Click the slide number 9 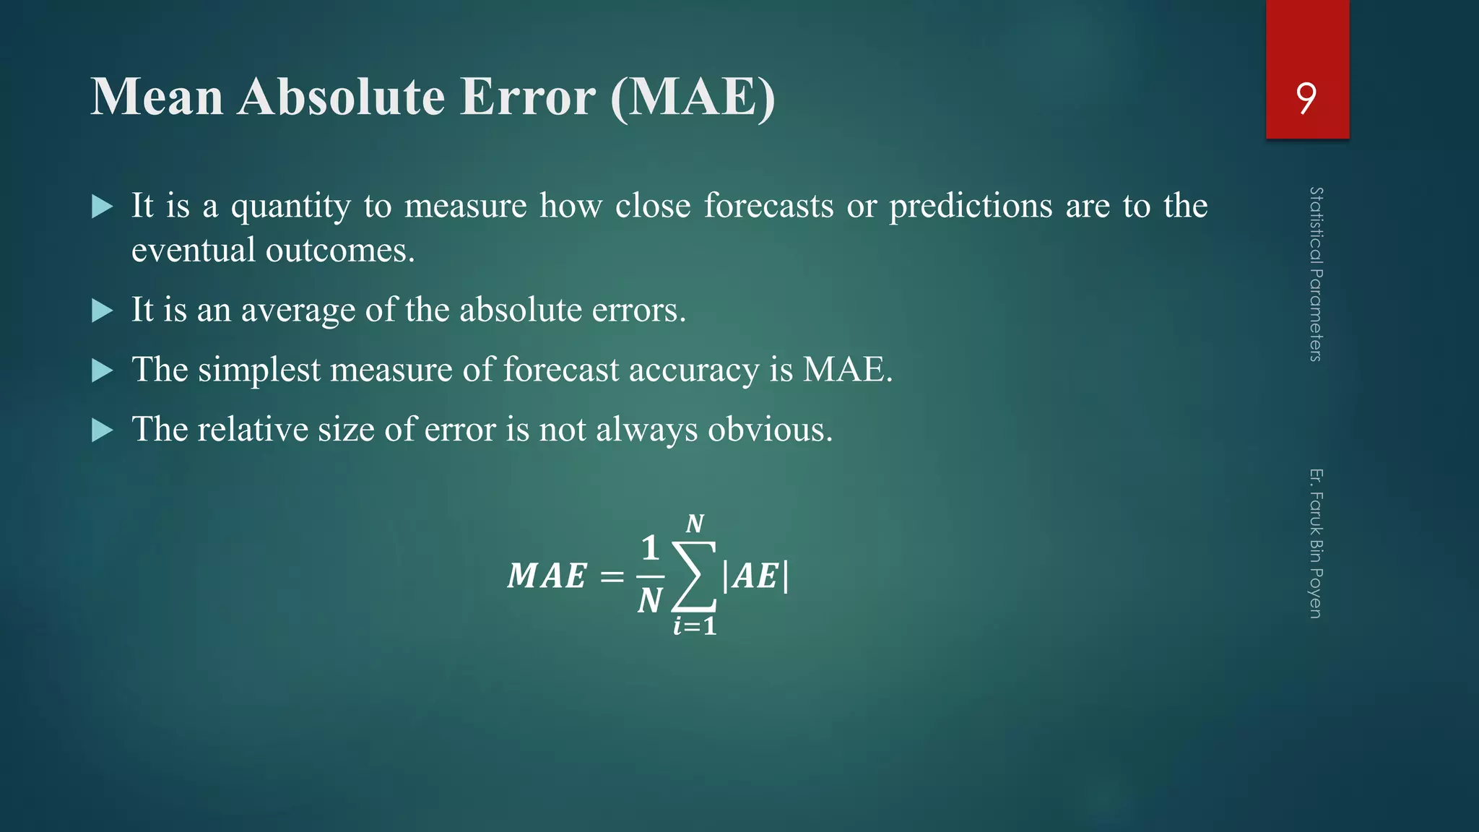tap(1306, 98)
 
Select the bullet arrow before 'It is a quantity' tap(103, 207)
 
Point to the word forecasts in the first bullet tap(769, 206)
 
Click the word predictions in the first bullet tap(971, 206)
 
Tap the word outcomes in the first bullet tap(339, 251)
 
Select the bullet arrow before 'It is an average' tap(103, 311)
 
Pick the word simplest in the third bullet tap(259, 370)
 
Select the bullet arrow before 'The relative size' tap(103, 431)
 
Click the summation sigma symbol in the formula tap(694, 576)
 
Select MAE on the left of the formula tap(547, 576)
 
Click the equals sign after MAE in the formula tap(612, 576)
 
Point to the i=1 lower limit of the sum tap(695, 625)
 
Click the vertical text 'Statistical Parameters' tap(1316, 274)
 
